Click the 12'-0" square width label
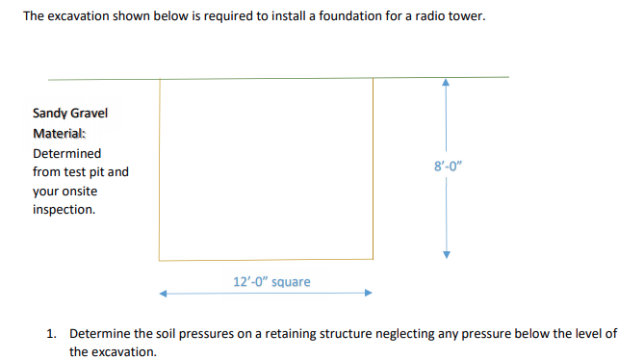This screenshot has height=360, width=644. [x=272, y=282]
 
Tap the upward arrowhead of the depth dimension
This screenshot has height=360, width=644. [x=445, y=84]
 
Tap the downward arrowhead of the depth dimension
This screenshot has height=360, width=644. [x=445, y=254]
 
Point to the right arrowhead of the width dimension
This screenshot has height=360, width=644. [x=367, y=294]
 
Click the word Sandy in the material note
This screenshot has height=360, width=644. [x=50, y=114]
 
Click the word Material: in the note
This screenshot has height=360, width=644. [x=59, y=133]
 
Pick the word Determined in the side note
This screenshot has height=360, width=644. [x=66, y=153]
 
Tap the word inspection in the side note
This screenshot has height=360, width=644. [x=64, y=209]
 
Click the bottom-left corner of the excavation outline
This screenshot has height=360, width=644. [x=160, y=259]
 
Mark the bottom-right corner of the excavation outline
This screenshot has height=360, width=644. [x=373, y=259]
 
